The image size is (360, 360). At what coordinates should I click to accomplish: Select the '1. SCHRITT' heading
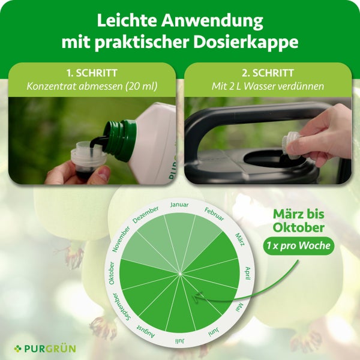(x=92, y=73)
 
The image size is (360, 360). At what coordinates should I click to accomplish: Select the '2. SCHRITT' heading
(x=268, y=73)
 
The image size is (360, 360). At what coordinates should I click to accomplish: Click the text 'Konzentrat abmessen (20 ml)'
(x=92, y=86)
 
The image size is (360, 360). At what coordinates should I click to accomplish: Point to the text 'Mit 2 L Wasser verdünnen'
(x=268, y=86)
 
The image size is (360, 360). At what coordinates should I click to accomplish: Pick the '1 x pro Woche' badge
(x=298, y=246)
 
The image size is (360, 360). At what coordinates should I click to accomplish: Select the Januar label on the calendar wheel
(x=179, y=205)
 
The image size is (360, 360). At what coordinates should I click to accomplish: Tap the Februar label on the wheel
(x=214, y=214)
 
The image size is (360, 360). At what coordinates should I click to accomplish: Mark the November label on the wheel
(x=121, y=239)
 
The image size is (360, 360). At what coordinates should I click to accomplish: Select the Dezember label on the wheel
(x=145, y=214)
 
